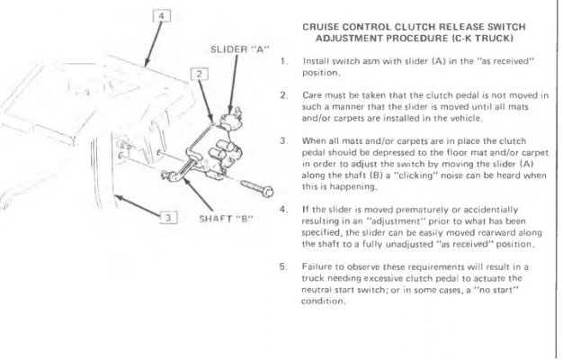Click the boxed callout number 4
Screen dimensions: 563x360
coord(162,16)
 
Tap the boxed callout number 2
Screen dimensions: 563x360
coord(200,75)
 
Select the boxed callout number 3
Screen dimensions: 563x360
coord(168,218)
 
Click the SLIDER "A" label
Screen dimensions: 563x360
coord(239,49)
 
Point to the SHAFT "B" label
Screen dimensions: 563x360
coord(226,219)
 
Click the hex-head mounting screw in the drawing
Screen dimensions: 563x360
coord(256,189)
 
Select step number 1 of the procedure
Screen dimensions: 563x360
coord(283,61)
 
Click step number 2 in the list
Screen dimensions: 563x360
coord(283,95)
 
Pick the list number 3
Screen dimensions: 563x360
coord(283,140)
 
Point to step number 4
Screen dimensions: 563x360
coord(283,210)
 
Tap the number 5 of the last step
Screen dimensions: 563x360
coord(283,266)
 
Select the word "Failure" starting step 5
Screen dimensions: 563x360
coord(315,266)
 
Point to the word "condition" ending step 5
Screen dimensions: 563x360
coord(323,301)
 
